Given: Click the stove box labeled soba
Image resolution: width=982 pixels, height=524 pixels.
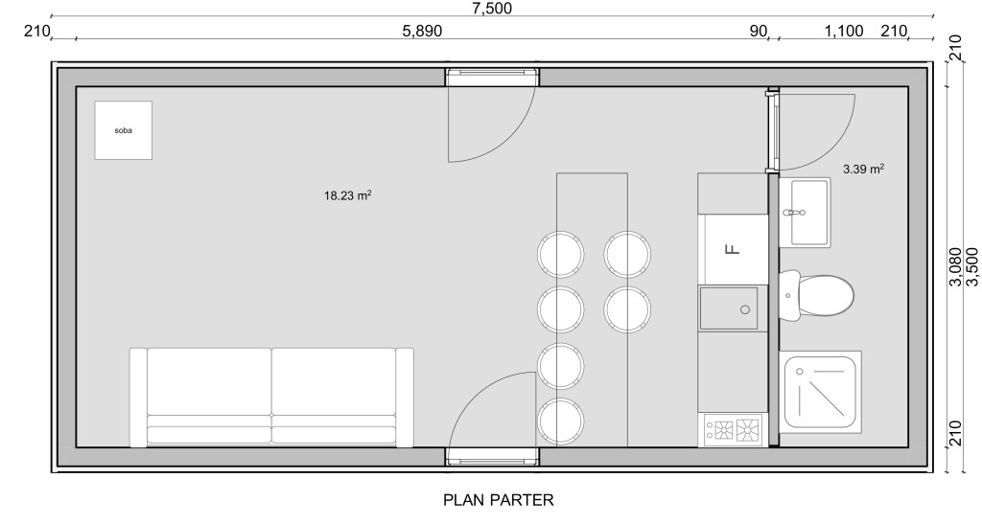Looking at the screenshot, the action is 124,130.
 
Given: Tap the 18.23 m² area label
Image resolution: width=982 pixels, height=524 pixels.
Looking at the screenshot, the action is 347,195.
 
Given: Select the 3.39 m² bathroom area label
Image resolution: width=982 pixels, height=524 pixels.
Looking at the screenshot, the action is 864,169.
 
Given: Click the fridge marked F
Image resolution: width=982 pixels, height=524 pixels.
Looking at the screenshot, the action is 734,249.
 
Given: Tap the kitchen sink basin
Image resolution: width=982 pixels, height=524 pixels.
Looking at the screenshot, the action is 729,308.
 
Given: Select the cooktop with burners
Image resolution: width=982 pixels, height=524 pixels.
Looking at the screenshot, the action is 734,429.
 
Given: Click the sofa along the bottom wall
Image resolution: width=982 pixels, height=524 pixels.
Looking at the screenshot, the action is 271,398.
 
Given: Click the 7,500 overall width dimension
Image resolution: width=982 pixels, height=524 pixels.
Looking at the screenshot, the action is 492,8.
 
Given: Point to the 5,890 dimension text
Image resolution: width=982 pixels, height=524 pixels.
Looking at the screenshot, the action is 422,31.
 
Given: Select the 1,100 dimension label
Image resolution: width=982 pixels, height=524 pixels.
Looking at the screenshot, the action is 844,31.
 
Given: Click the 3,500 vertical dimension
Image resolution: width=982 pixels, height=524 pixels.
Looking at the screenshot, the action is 971,267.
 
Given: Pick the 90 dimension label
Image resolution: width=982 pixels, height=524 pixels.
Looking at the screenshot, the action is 759,31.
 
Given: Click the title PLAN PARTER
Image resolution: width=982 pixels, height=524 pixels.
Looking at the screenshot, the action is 499,500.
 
